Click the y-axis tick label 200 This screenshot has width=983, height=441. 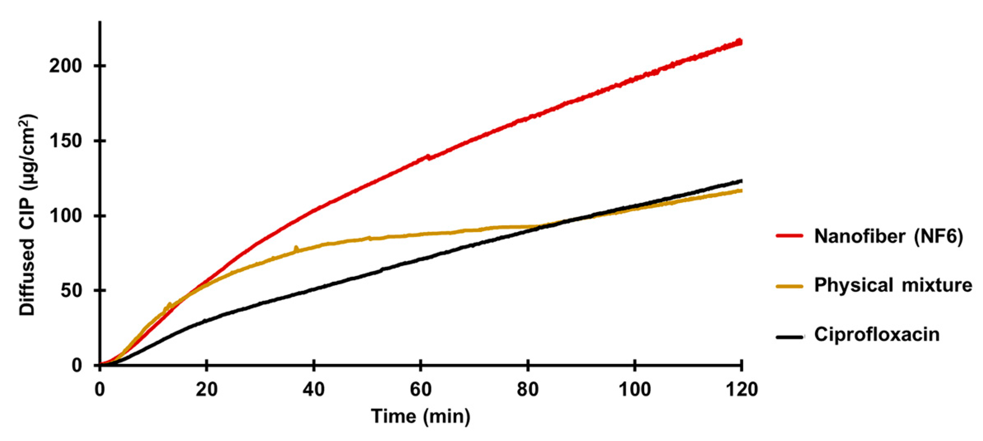click(x=65, y=66)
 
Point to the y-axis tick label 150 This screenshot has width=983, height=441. click(x=65, y=141)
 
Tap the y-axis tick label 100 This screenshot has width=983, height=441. click(x=65, y=216)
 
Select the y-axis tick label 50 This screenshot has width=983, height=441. click(x=71, y=291)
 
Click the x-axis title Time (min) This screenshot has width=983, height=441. click(x=421, y=416)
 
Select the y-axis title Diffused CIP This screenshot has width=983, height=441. click(x=27, y=215)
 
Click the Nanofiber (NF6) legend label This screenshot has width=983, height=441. click(x=888, y=236)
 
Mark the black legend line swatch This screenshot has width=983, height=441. click(x=789, y=337)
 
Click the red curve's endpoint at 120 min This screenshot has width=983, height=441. click(x=740, y=42)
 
